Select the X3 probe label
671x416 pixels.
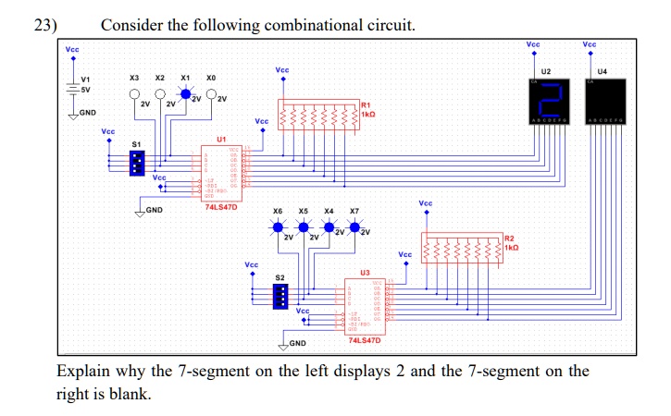click(x=134, y=78)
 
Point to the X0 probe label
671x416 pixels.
click(x=211, y=78)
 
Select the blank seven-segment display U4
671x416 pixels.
click(x=603, y=100)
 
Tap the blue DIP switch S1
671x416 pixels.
click(x=137, y=164)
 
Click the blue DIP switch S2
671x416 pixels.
click(x=280, y=296)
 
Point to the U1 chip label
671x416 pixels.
click(x=220, y=139)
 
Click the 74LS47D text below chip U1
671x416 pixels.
click(x=221, y=207)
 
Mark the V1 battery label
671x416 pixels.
click(x=86, y=80)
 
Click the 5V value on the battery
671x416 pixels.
click(x=84, y=90)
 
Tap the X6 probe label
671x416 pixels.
click(x=278, y=212)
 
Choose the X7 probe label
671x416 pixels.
click(x=354, y=212)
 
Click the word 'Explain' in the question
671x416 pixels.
click(x=85, y=372)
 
